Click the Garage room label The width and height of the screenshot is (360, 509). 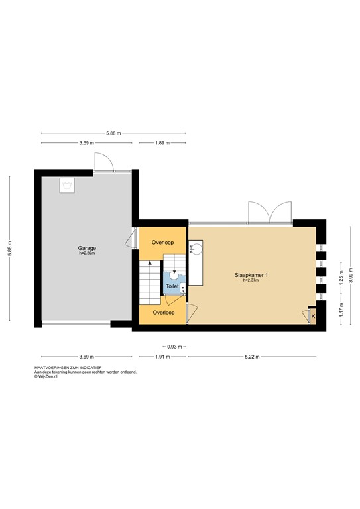[87, 248]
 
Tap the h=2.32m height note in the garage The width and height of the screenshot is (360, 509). [87, 253]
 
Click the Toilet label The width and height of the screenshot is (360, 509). [172, 286]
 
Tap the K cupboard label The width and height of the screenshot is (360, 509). [312, 317]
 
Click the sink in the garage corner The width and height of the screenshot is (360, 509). [68, 185]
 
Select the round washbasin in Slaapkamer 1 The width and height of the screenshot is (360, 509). [197, 249]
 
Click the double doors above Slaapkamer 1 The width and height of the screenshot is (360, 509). [269, 212]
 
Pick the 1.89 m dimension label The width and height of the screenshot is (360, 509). [162, 143]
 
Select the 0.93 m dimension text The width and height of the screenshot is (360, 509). [173, 346]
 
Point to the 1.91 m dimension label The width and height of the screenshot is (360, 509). [162, 357]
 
